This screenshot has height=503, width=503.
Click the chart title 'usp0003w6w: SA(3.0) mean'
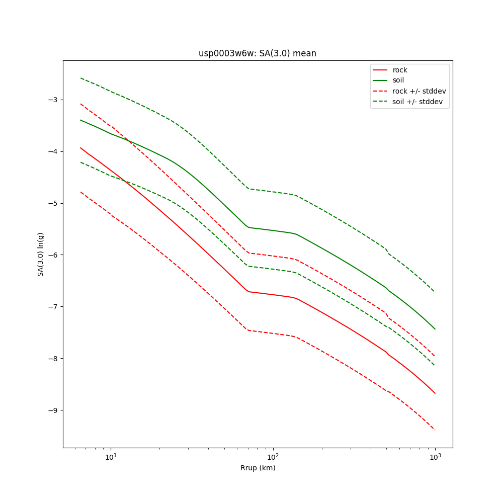point(258,53)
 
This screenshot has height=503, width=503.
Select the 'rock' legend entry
point(400,70)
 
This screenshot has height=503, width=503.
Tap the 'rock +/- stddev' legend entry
point(419,91)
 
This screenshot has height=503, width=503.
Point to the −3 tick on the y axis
point(52,100)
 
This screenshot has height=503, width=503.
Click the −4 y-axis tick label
point(52,151)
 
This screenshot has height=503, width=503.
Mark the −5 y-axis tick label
point(52,203)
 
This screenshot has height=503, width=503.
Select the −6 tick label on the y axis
point(52,255)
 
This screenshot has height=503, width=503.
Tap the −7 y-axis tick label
point(52,307)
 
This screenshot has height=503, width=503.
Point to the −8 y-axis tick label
point(52,359)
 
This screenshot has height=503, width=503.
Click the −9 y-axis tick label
point(52,410)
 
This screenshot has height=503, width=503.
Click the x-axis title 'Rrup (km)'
point(258,468)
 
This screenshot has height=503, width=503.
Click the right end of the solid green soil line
point(435,329)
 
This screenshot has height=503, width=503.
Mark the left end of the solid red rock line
point(80,148)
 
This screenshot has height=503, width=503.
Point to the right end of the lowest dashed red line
point(435,430)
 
